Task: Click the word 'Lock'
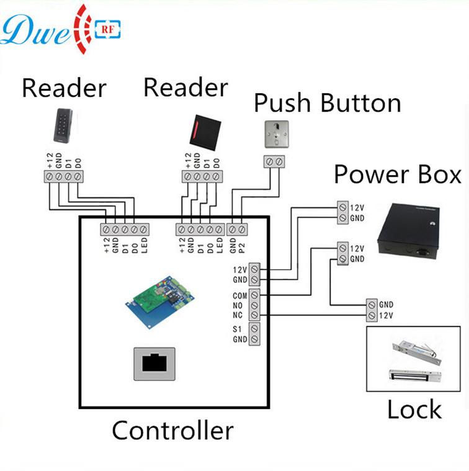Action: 414,410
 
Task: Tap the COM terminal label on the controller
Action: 239,295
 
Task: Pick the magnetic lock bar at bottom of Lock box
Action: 414,377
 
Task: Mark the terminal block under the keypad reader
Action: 64,176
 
